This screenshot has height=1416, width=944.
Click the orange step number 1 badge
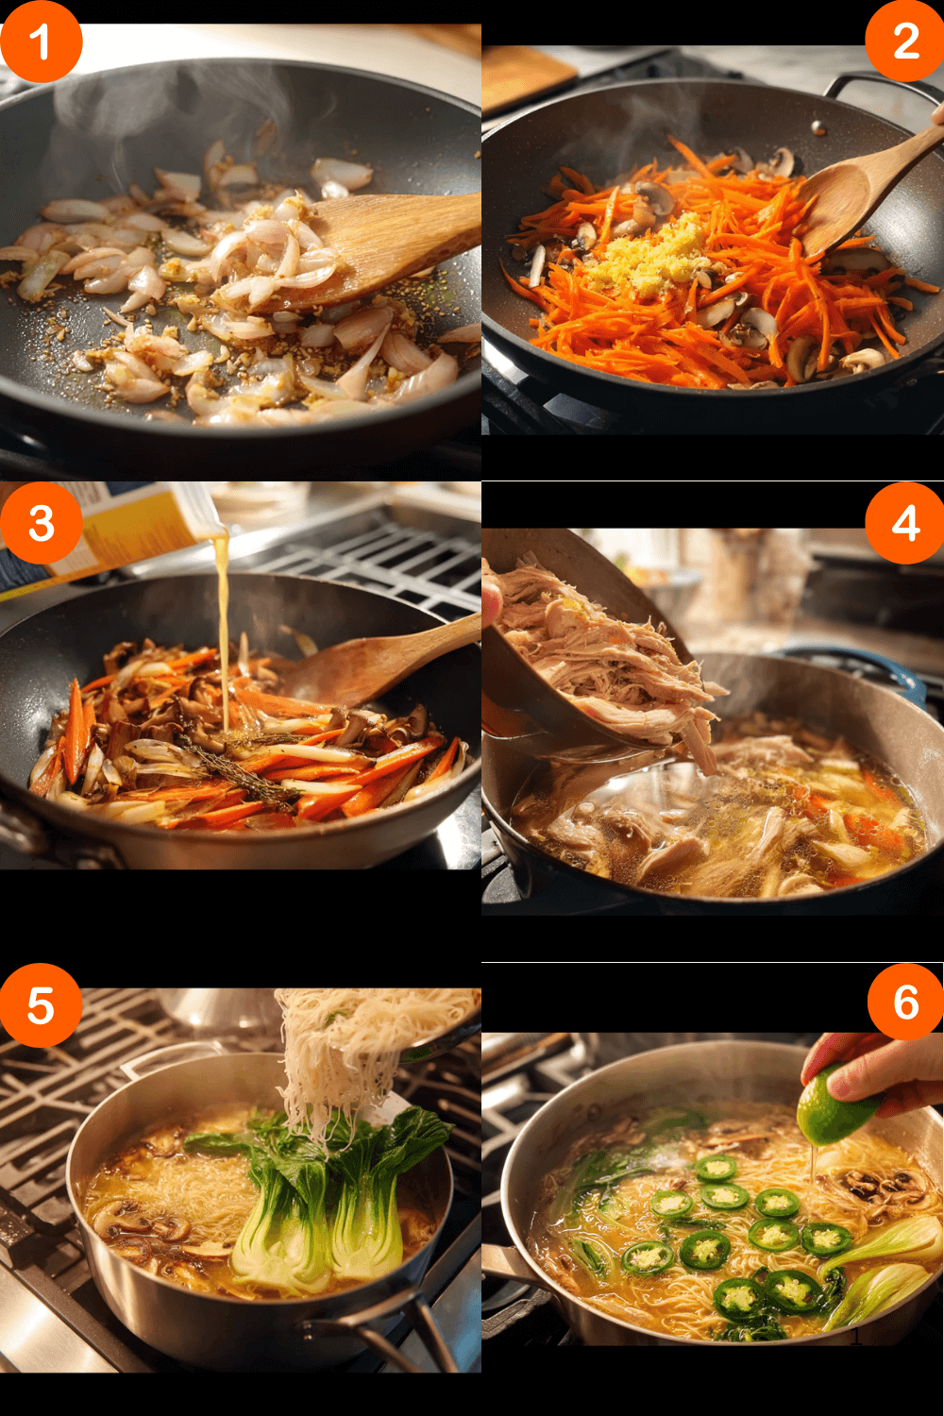click(x=40, y=42)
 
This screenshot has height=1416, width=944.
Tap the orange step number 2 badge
click(x=904, y=42)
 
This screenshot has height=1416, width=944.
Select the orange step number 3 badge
click(x=40, y=523)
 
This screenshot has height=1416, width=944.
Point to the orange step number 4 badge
click(x=904, y=523)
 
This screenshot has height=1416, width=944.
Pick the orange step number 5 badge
click(x=40, y=1004)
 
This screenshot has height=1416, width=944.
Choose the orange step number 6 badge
click(x=904, y=1002)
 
